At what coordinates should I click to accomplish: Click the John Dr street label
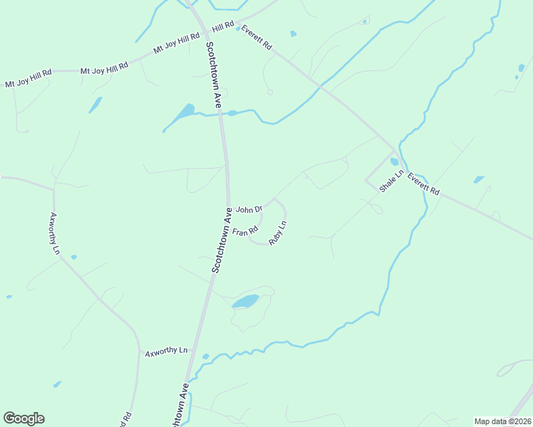[x=249, y=209]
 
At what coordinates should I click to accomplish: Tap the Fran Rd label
[x=244, y=231]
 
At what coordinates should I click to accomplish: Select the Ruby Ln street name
[x=278, y=233]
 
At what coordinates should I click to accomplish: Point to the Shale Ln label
[x=392, y=181]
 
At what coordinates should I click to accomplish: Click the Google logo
[x=24, y=418]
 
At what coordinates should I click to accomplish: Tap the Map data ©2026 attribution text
[x=502, y=421]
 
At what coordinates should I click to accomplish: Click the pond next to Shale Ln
[x=395, y=162]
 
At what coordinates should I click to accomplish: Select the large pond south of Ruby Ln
[x=245, y=302]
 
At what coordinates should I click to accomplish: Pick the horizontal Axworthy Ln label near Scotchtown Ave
[x=166, y=352]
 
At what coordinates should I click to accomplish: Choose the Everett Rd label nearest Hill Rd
[x=257, y=37]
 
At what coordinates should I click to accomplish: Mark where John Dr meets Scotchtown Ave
[x=229, y=208]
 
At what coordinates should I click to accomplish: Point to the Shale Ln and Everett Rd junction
[x=393, y=152]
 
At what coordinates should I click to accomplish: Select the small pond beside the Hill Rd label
[x=238, y=29]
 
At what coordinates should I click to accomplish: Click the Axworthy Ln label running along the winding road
[x=54, y=228]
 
